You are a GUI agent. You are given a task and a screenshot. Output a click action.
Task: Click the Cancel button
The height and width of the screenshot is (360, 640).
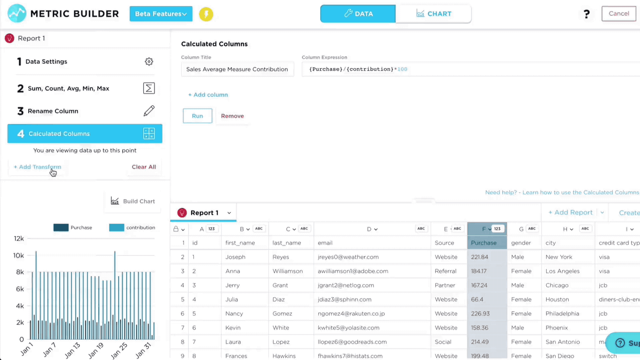click(x=619, y=14)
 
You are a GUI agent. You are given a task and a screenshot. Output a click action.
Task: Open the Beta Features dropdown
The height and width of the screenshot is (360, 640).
click(x=161, y=14)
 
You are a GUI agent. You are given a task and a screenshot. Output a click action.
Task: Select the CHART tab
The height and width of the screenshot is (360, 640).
click(x=433, y=14)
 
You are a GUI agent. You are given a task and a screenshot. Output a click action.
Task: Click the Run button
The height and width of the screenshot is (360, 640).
click(x=197, y=116)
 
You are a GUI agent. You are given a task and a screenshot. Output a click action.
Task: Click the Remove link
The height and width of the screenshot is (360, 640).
click(x=232, y=116)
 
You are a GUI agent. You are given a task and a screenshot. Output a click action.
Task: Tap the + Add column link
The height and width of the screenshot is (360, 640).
click(x=208, y=95)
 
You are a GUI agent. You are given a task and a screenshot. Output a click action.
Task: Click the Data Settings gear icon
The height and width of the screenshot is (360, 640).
click(x=149, y=62)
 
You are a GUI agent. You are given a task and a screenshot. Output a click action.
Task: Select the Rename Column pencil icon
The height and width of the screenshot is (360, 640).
click(x=149, y=111)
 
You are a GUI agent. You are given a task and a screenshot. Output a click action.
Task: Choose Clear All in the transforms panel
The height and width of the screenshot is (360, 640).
click(x=144, y=167)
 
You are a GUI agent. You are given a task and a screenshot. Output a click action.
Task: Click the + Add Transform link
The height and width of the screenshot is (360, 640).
click(x=37, y=167)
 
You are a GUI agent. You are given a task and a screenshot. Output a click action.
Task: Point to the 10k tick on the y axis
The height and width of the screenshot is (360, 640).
click(x=19, y=256)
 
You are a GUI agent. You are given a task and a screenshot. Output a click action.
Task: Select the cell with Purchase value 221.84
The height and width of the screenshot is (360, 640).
click(x=479, y=257)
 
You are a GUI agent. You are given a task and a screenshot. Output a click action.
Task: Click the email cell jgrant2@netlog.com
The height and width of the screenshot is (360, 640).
click(x=346, y=285)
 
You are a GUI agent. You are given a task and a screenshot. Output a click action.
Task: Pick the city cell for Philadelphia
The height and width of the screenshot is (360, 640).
click(x=562, y=314)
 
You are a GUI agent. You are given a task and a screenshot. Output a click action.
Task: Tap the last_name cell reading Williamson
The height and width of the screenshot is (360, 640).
click(x=288, y=271)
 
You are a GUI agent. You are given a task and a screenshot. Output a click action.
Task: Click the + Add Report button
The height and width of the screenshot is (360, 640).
click(x=571, y=213)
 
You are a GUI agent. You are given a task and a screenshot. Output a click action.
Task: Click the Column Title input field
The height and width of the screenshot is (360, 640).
click(x=237, y=69)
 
